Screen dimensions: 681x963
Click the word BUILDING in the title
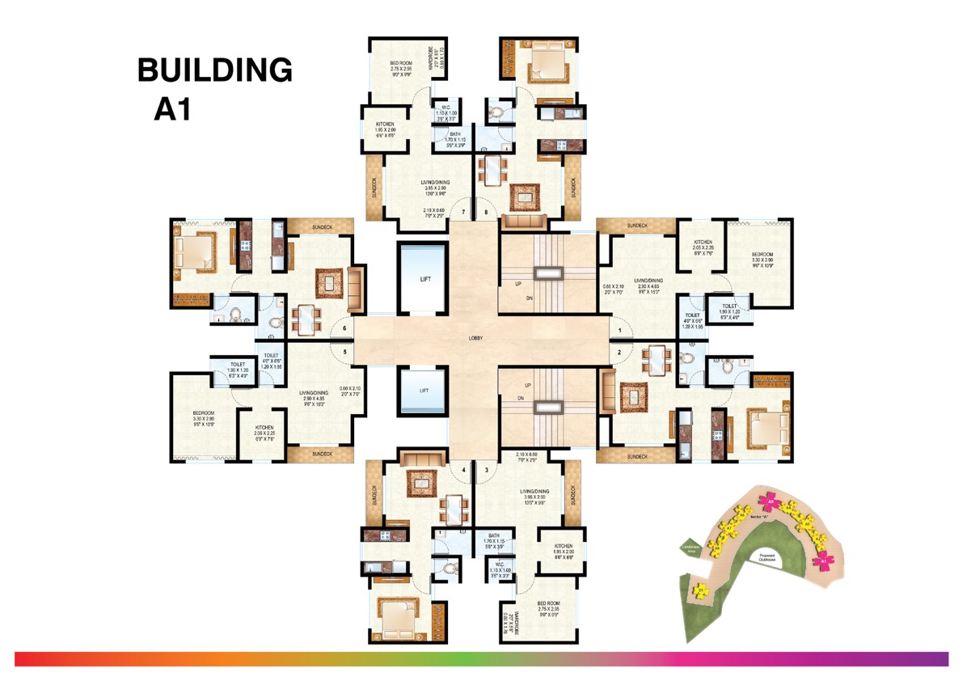click(214, 70)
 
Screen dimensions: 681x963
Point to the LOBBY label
click(475, 339)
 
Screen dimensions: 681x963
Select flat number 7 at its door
click(463, 213)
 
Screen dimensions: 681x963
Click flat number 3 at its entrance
click(487, 470)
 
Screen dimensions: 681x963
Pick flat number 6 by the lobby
click(344, 328)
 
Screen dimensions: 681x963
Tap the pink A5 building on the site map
click(772, 502)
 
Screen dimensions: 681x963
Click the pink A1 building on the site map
click(825, 560)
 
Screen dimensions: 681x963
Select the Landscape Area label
click(691, 548)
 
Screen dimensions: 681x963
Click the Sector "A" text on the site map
click(758, 515)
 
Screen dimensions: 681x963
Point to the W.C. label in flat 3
click(500, 568)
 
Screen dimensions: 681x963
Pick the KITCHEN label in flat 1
click(701, 246)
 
